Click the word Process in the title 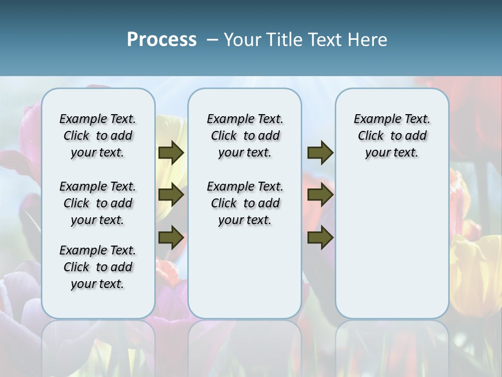[162, 40]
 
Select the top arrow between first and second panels [171, 152]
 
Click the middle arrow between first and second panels [171, 195]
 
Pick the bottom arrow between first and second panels [171, 238]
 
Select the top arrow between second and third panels [320, 152]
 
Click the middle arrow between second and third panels [320, 195]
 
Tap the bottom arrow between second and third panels [320, 238]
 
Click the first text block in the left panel [98, 136]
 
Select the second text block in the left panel [98, 203]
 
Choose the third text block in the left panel [98, 267]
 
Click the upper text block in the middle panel [245, 136]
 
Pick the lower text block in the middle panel [245, 203]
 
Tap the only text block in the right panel [392, 136]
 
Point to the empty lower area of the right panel [392, 241]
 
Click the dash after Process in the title [212, 40]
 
